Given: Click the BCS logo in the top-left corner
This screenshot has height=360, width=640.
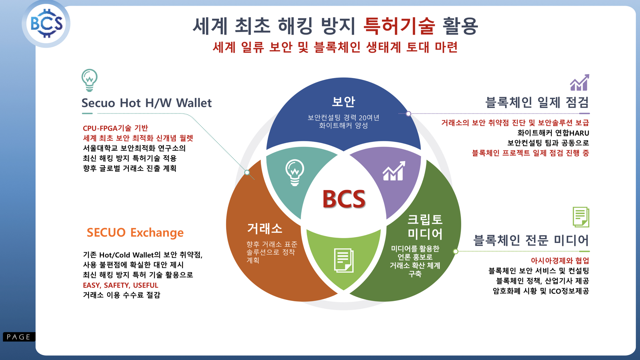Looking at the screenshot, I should coord(46,24).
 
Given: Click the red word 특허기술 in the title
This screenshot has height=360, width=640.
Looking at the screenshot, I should coord(399,26).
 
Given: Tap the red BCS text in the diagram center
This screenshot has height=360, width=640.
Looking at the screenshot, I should coord(344,199).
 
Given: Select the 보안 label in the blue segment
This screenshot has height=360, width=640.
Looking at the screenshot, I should coord(343,102).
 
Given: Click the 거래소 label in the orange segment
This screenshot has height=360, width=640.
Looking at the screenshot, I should coord(265,229).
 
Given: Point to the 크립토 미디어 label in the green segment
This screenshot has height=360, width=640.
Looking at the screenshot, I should coord(425,227).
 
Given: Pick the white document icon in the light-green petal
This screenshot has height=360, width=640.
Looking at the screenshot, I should coord(344,260).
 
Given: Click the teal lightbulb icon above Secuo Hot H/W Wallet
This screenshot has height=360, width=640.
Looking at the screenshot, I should coord(89,80).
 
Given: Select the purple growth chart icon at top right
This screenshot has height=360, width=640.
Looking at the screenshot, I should coord(579,83).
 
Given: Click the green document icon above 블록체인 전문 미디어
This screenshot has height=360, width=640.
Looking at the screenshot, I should coord(581,217).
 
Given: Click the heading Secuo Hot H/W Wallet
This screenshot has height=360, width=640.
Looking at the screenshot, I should coord(146,103).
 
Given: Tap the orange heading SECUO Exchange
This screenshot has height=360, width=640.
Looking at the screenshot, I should coord(135,232).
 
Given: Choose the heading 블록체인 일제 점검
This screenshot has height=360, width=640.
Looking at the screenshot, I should coord(537,102).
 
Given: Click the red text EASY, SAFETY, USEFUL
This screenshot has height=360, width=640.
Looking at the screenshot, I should coord(120,285).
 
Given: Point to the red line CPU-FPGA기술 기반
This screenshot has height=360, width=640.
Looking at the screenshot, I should coord(115,128).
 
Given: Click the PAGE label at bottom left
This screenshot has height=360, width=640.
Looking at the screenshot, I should coord(19,337).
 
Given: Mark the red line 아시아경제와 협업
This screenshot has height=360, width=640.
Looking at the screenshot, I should coord(560,261).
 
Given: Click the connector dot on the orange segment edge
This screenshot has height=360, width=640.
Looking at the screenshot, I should coord(247,172).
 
